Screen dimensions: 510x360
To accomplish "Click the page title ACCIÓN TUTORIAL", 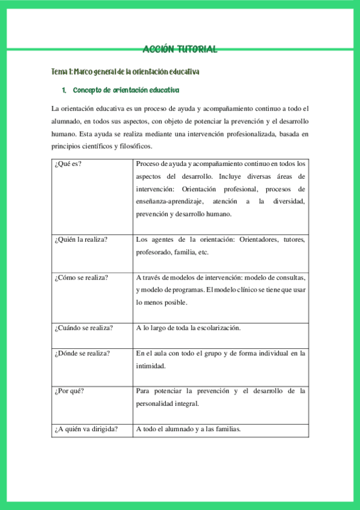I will (180, 49).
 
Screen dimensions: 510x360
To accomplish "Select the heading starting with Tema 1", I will (125, 72).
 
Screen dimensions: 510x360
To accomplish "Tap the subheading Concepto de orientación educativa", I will (126, 90).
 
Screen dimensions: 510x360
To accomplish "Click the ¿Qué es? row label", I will (67, 164).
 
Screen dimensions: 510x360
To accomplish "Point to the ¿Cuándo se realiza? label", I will (84, 328).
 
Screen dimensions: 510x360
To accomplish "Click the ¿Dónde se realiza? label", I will (82, 353).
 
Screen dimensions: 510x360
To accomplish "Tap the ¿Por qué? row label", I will (69, 391).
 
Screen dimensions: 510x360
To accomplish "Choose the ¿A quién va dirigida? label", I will (85, 429).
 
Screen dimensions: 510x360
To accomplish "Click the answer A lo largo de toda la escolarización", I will (188, 328).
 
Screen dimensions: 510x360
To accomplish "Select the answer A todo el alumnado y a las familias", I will (188, 429).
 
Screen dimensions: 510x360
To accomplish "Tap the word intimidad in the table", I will (150, 365).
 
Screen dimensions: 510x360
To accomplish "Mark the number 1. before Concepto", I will (64, 90).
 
